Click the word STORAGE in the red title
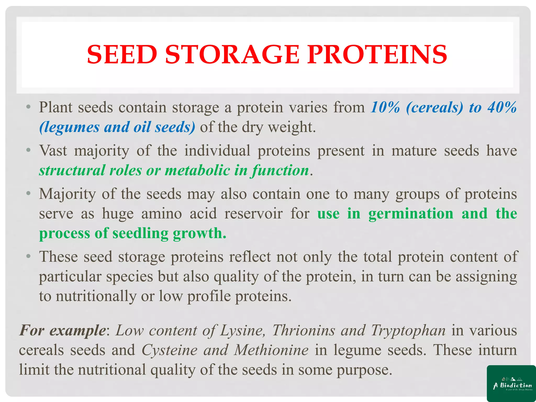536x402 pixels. [232, 54]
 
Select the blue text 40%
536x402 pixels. [502, 107]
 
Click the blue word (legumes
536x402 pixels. [69, 127]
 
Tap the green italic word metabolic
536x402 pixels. [197, 170]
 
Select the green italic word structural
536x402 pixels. [72, 170]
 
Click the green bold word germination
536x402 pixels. [411, 214]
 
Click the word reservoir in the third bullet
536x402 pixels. [253, 214]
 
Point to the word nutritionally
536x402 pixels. [96, 296]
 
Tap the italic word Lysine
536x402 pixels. [242, 330]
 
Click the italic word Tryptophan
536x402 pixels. [408, 330]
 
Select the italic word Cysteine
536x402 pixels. [169, 350]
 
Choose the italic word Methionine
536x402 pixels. [271, 350]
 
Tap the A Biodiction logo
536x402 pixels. [511, 383]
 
